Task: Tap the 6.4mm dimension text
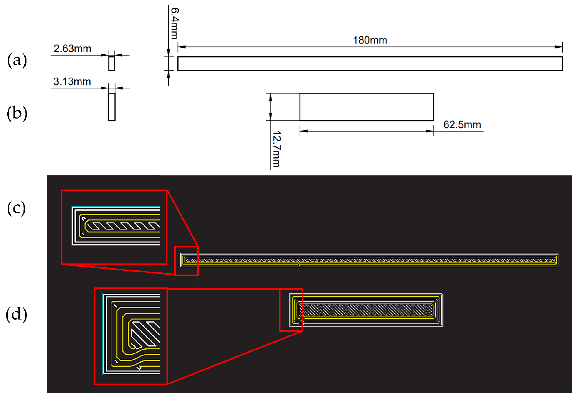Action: (175, 23)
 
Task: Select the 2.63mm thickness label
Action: (72, 49)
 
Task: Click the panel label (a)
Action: (17, 60)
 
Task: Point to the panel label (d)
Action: (16, 314)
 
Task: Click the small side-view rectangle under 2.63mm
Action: (112, 64)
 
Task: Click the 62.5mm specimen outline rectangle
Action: (366, 107)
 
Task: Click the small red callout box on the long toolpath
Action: (186, 261)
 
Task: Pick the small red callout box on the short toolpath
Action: (291, 310)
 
